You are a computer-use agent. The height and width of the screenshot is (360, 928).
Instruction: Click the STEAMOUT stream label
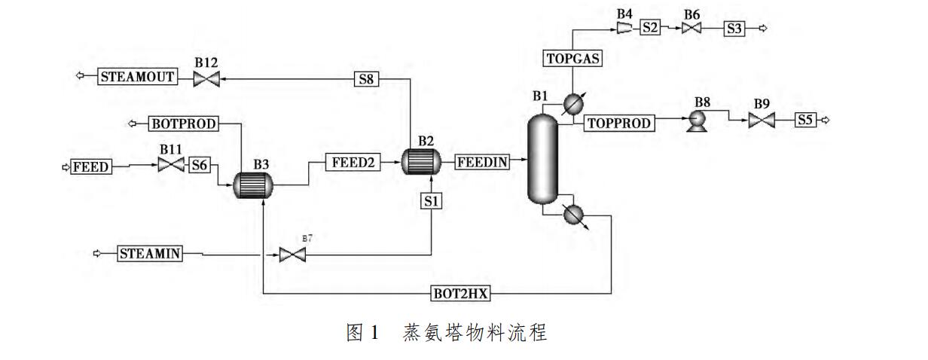[137, 76]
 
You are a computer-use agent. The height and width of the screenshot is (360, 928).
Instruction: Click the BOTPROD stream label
[183, 124]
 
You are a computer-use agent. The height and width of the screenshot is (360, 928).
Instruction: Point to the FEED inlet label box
[90, 166]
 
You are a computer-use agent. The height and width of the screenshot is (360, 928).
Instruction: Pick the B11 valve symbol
[170, 164]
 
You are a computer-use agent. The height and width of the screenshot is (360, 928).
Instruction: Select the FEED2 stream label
[353, 161]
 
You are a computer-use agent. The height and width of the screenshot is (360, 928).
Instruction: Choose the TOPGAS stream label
[572, 57]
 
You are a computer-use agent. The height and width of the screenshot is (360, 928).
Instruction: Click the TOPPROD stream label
[618, 124]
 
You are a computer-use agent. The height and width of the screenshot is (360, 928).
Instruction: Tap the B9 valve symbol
[761, 121]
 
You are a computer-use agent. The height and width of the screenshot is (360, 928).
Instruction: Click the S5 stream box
[805, 120]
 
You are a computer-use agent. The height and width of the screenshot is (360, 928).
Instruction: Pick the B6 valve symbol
[691, 29]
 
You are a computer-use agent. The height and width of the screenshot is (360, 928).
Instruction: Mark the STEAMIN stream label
[150, 254]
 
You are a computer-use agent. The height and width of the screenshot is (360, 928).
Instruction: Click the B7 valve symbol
[290, 255]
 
